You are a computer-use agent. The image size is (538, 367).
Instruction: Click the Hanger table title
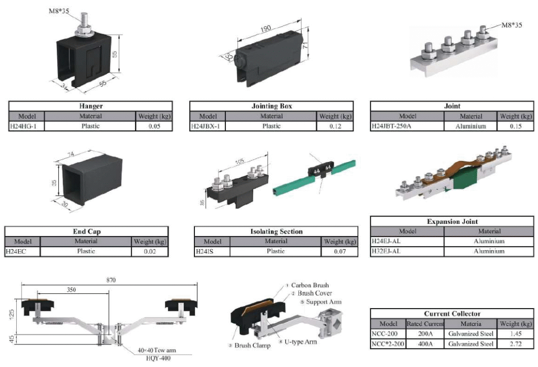click(90, 106)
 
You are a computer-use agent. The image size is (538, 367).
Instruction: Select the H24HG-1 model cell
click(26, 126)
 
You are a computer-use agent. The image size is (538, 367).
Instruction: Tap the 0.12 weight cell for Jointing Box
click(335, 126)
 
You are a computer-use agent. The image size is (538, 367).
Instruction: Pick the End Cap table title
click(86, 231)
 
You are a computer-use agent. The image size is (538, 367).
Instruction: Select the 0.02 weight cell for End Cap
click(150, 251)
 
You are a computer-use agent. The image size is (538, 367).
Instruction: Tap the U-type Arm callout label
click(301, 342)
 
